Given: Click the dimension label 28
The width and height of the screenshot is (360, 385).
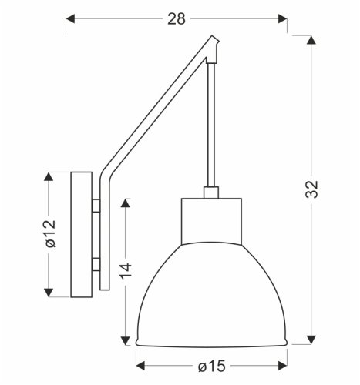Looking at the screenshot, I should pos(177,19).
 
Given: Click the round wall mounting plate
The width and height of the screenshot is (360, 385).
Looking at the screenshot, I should pos(80,234).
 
